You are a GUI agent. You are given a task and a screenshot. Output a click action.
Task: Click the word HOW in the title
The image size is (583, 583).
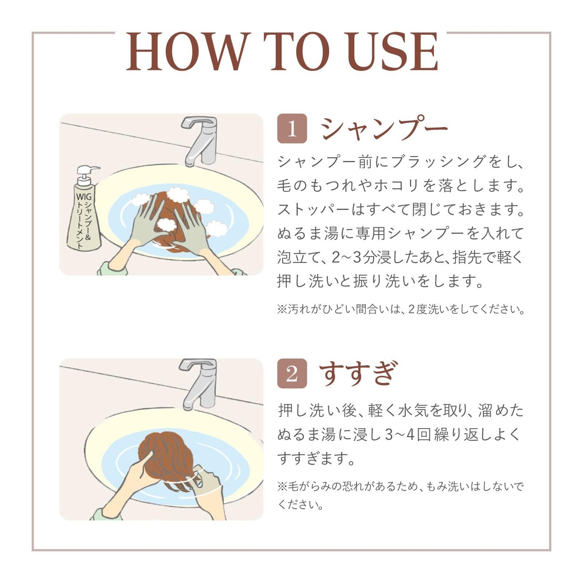(188, 51)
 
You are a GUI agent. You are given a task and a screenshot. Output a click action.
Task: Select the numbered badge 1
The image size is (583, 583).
(292, 128)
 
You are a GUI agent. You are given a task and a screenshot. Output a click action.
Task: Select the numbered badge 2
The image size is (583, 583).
(292, 373)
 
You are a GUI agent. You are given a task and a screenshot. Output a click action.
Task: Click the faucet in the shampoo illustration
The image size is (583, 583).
(199, 141)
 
